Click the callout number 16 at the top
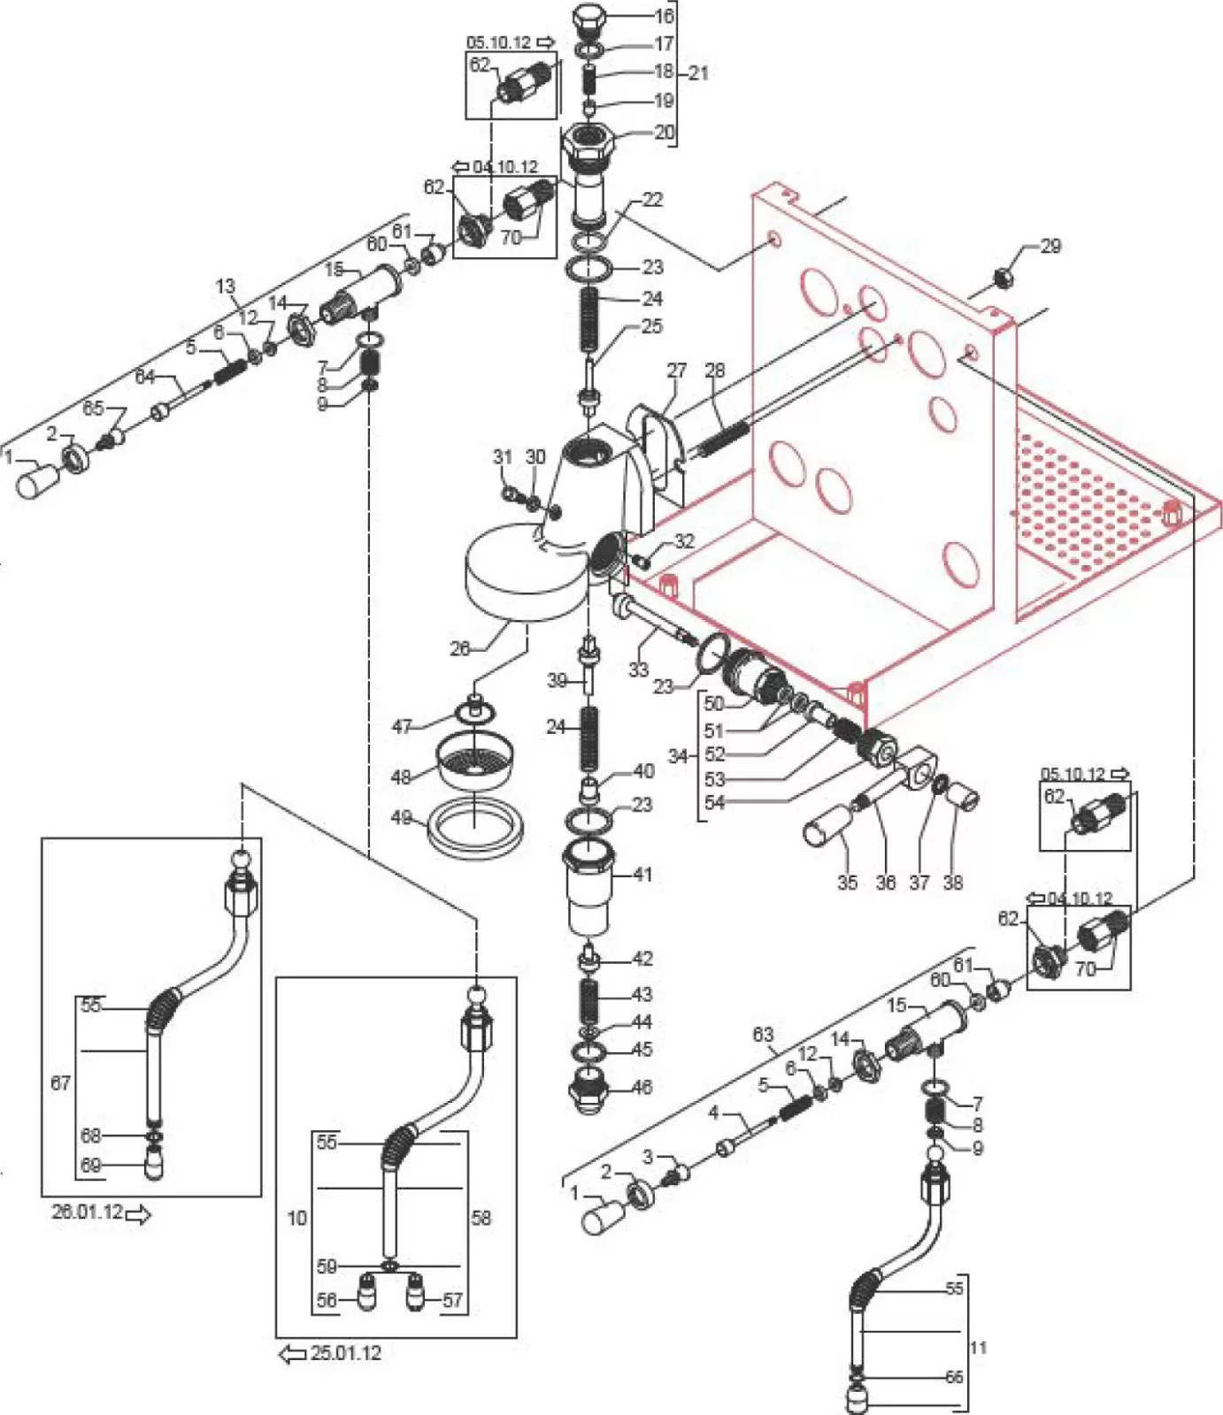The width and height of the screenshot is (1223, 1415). [664, 15]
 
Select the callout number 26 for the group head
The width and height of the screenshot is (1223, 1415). [459, 648]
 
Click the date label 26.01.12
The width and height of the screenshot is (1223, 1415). [87, 1212]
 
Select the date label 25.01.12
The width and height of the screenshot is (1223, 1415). [345, 1352]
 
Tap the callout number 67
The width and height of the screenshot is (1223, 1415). [60, 1082]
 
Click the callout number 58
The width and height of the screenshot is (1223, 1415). [481, 1218]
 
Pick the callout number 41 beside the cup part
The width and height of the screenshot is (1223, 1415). [642, 874]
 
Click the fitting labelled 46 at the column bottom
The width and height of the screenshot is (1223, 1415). [588, 1089]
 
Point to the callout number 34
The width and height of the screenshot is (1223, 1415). [678, 756]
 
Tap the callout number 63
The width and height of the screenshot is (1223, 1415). [763, 1034]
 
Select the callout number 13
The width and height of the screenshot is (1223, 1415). [226, 286]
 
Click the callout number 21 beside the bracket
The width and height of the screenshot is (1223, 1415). [698, 73]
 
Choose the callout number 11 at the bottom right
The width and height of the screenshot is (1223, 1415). [978, 1348]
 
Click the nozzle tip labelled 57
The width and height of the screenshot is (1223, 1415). [413, 1299]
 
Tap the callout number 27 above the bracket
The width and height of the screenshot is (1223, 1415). [676, 370]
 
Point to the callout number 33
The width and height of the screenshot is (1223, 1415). [638, 669]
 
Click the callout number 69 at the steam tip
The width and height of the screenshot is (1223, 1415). [90, 1166]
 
